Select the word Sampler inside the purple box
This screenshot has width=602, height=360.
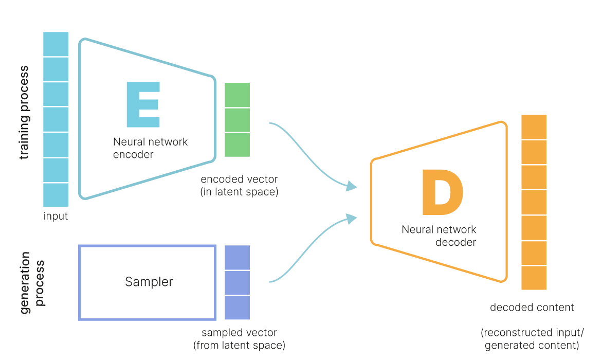pyautogui.click(x=149, y=282)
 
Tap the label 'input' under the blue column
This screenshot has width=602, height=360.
pyautogui.click(x=56, y=217)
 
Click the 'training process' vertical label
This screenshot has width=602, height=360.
pyautogui.click(x=24, y=112)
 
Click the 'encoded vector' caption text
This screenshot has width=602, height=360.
pyautogui.click(x=239, y=179)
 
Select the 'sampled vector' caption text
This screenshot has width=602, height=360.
pyautogui.click(x=239, y=332)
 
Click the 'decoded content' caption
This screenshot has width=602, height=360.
pyautogui.click(x=532, y=308)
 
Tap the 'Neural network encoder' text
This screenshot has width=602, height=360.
pyautogui.click(x=150, y=148)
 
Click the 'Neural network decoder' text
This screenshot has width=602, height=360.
pyautogui.click(x=439, y=236)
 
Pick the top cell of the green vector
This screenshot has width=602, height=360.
pyautogui.click(x=237, y=95)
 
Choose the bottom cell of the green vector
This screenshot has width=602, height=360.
pyautogui.click(x=237, y=145)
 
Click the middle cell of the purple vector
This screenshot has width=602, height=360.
pyautogui.click(x=237, y=283)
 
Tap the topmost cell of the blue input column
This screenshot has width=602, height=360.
pyautogui.click(x=56, y=44)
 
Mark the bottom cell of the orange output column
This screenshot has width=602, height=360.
pyautogui.click(x=534, y=278)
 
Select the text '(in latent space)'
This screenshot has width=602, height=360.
pyautogui.click(x=239, y=192)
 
